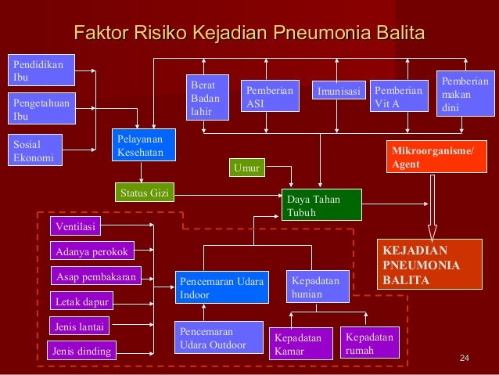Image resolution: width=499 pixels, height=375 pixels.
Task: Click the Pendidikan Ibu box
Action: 41,69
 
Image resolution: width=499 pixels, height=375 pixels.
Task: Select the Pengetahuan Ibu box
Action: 41,109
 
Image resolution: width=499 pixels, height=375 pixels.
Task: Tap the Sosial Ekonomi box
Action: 41,150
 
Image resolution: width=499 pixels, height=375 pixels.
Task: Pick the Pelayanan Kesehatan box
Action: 142,146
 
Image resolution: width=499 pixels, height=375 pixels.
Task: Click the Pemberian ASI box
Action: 270,98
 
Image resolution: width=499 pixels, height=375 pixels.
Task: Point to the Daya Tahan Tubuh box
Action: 321,205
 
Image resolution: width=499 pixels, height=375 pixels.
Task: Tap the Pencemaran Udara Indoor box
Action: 222,287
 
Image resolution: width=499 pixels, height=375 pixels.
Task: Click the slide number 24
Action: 464,359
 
